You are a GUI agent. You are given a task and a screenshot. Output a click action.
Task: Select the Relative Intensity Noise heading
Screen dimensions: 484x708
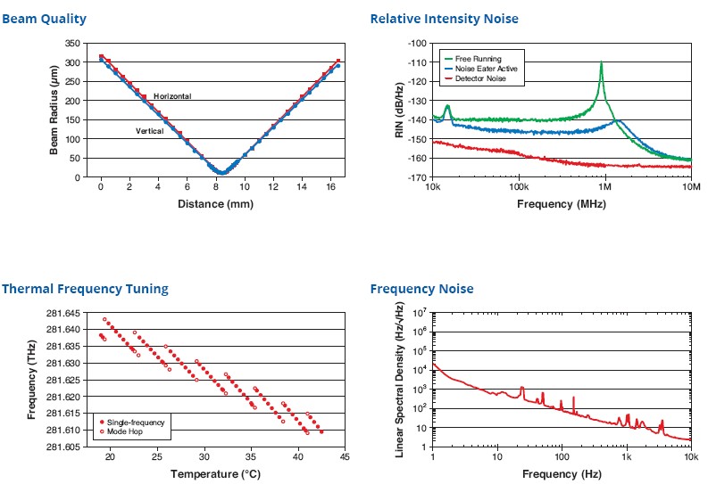pyautogui.click(x=444, y=19)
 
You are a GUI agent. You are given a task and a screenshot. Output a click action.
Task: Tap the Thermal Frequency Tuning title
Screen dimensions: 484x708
pyautogui.click(x=85, y=289)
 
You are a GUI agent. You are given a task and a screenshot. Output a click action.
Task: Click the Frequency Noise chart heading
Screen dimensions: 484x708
pyautogui.click(x=421, y=289)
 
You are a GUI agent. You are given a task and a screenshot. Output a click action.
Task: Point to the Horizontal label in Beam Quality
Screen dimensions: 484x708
pyautogui.click(x=172, y=95)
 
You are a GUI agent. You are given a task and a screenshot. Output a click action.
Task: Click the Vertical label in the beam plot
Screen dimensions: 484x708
pyautogui.click(x=149, y=132)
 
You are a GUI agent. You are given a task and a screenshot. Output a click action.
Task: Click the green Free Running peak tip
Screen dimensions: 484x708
pyautogui.click(x=602, y=62)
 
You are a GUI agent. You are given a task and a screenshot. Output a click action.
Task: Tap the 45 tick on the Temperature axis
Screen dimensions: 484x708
pyautogui.click(x=343, y=457)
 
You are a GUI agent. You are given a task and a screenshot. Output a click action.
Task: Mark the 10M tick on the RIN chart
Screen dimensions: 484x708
pyautogui.click(x=691, y=189)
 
